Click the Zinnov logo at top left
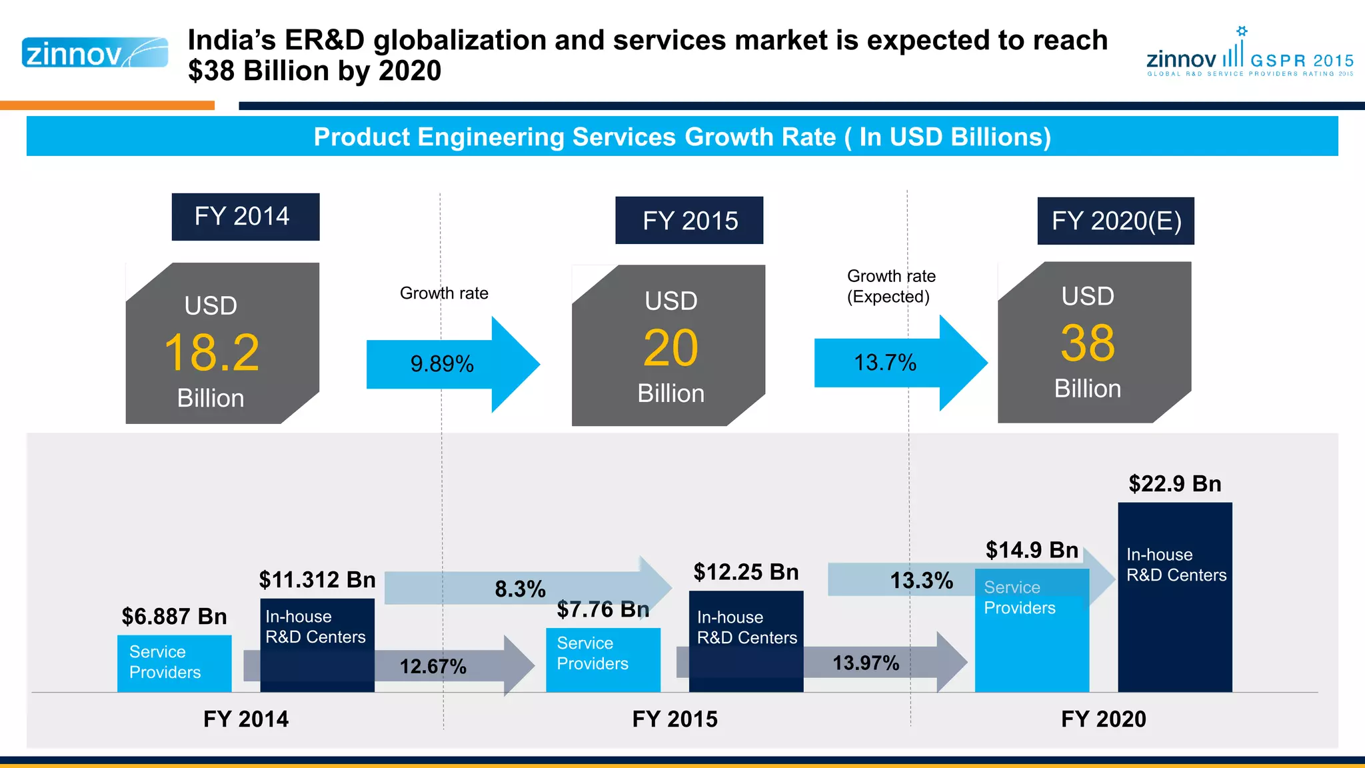click(x=95, y=53)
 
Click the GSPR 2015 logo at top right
click(x=1250, y=54)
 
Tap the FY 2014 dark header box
click(x=245, y=217)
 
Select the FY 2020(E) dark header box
click(x=1116, y=221)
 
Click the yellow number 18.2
click(x=212, y=353)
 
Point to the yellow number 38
click(x=1087, y=343)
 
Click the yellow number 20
click(x=671, y=348)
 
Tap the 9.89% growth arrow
click(x=443, y=364)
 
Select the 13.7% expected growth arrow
click(x=886, y=363)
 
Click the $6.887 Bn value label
click(x=174, y=617)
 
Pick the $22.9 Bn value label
click(x=1174, y=484)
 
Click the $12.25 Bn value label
click(x=746, y=572)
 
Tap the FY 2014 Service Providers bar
click(x=174, y=663)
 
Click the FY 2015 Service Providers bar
click(x=603, y=659)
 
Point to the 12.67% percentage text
click(x=433, y=666)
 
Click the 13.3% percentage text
click(x=922, y=581)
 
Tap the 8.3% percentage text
click(x=520, y=589)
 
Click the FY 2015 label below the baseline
click(x=675, y=719)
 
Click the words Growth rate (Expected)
click(x=890, y=287)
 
